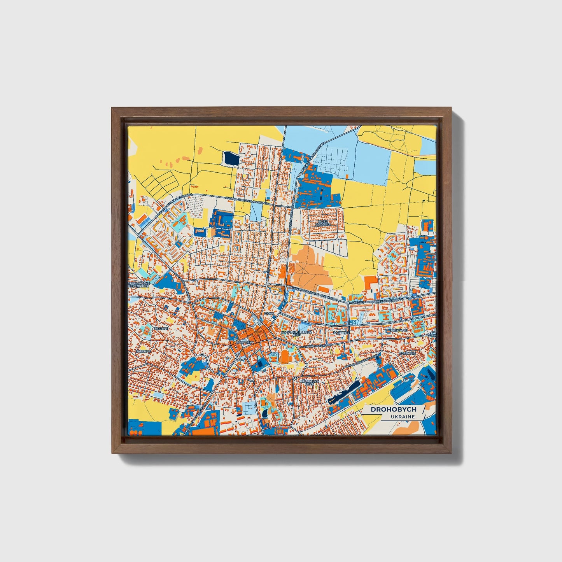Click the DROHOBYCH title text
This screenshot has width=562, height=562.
(393, 409)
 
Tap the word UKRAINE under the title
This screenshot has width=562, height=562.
(403, 417)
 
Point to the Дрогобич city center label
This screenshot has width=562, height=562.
(245, 342)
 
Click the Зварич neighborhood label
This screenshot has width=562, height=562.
(161, 329)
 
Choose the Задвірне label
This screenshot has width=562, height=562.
(341, 333)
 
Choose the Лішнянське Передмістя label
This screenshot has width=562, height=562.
(139, 285)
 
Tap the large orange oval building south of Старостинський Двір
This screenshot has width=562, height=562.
(285, 356)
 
